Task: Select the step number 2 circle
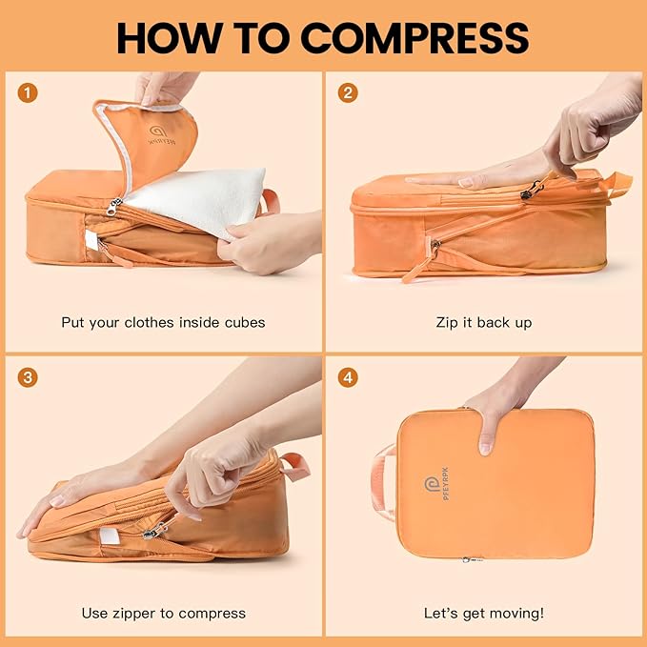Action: pyautogui.click(x=349, y=92)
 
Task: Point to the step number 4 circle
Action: pyautogui.click(x=349, y=377)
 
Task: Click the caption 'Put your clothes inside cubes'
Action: pyautogui.click(x=163, y=322)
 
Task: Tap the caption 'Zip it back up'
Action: pyautogui.click(x=483, y=322)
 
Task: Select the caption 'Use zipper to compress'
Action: pyautogui.click(x=163, y=613)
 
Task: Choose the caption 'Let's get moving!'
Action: pyautogui.click(x=483, y=613)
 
